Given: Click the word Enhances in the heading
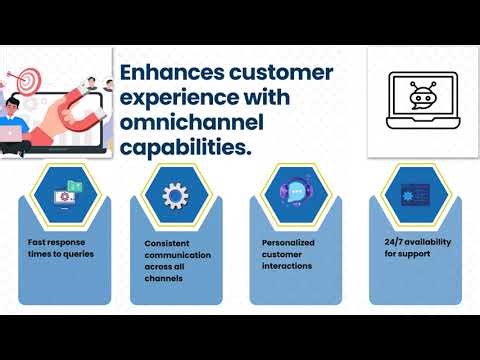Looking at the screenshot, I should [167, 72].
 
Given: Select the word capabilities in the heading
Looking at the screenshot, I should [183, 148].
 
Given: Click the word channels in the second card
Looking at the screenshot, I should [161, 279].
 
